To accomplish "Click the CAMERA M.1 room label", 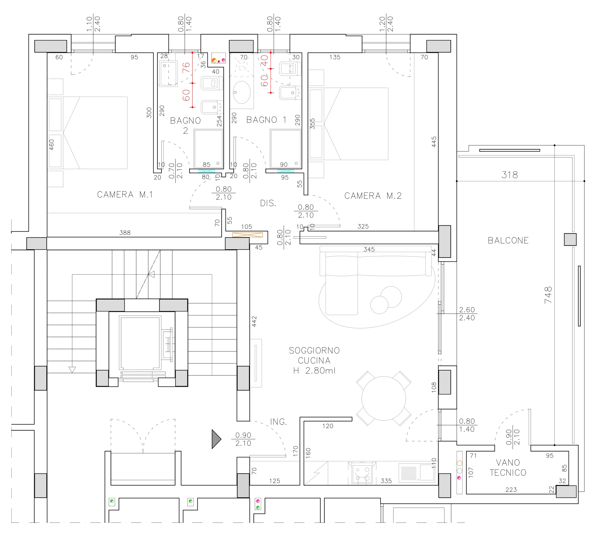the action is [125, 195].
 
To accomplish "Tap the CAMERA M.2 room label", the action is [373, 196].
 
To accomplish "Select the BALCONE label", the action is [508, 240].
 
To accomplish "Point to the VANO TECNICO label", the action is [508, 467].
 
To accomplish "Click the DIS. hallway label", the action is [268, 203].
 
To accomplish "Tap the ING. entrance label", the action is [278, 422].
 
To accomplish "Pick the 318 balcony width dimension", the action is [510, 175].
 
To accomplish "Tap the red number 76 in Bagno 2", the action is [186, 67].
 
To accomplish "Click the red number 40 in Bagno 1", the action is [264, 61].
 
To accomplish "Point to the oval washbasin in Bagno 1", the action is [242, 92].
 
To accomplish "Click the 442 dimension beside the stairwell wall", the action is [254, 322].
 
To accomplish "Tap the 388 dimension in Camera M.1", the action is [125, 233].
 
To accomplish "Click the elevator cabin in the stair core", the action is [140, 343].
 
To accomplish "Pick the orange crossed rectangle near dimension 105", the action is [247, 235].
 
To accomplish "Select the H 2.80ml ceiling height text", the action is [314, 371].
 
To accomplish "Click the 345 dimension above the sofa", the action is [369, 249].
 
